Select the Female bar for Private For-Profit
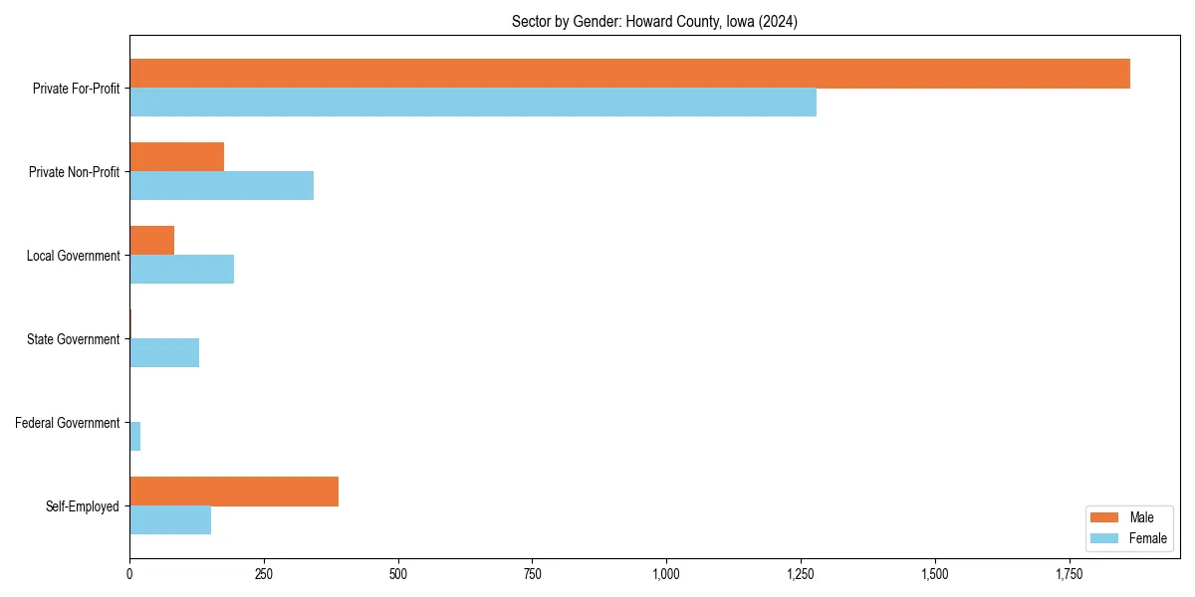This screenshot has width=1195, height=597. click(473, 102)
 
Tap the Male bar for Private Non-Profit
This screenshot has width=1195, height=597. click(176, 157)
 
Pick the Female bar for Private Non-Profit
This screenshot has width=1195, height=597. click(221, 186)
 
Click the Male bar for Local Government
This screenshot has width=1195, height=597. click(151, 241)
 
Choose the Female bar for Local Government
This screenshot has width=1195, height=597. click(181, 270)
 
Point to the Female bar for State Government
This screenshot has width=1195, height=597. click(164, 353)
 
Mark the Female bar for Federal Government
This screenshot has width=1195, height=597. click(134, 437)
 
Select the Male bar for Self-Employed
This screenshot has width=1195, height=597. click(234, 492)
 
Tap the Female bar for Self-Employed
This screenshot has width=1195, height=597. click(170, 520)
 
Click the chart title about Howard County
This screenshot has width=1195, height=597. click(654, 21)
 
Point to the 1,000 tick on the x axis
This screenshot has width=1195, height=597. click(666, 574)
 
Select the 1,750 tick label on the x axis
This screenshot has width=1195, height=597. click(1069, 574)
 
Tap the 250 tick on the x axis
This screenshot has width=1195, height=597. click(264, 574)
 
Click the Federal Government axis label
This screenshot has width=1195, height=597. click(68, 423)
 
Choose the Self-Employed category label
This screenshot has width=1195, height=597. click(83, 506)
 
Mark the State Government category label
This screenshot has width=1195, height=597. click(74, 339)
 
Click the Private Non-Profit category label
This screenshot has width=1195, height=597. click(74, 172)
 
